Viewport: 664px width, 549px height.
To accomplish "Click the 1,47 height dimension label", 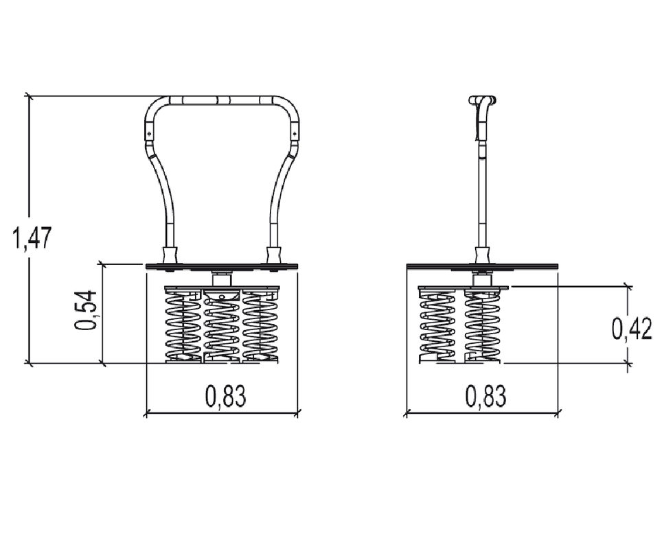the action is pyautogui.click(x=32, y=237).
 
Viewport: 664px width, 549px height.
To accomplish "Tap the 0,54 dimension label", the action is pyautogui.click(x=86, y=310).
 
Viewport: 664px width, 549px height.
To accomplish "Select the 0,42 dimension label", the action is pyautogui.click(x=632, y=329).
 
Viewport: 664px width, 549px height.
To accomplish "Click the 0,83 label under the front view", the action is pyautogui.click(x=226, y=396).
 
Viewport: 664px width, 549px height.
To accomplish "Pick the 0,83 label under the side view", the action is pyautogui.click(x=485, y=396).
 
